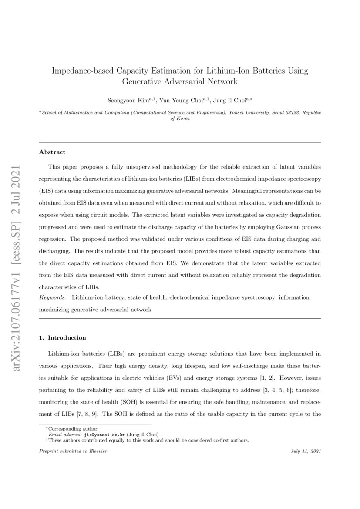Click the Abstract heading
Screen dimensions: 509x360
point(52,152)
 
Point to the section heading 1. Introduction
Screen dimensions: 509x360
point(63,337)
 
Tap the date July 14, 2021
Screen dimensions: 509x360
point(306,451)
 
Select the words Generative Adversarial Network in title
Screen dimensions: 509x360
point(180,81)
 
